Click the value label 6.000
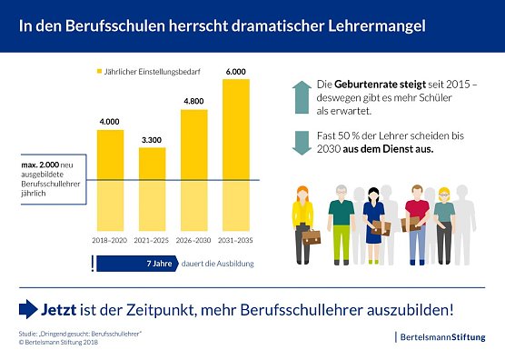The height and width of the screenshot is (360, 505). (x=235, y=72)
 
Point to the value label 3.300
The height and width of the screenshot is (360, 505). (x=152, y=140)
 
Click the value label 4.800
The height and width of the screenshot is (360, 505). (x=193, y=102)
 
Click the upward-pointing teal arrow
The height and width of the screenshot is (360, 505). (x=301, y=95)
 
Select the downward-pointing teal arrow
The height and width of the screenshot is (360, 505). (x=301, y=142)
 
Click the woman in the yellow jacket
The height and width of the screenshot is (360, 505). (x=302, y=218)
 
